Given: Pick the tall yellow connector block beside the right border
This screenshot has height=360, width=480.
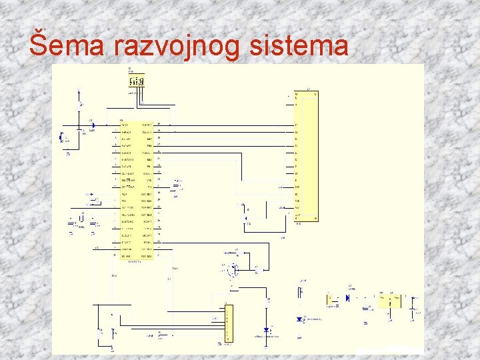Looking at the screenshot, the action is [307, 157].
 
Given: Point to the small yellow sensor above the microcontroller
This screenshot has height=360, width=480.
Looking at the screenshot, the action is [135, 81].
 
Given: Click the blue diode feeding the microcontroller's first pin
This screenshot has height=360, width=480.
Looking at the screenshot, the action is [93, 125].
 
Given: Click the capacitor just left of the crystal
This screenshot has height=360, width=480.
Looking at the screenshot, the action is [72, 227].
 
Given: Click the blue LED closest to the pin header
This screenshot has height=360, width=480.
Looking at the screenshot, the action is [267, 330].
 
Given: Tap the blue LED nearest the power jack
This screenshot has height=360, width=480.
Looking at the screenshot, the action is [299, 319].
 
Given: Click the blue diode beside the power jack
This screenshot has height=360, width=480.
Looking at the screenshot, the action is [348, 298].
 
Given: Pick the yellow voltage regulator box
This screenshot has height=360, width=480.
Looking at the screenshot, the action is [387, 301].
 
